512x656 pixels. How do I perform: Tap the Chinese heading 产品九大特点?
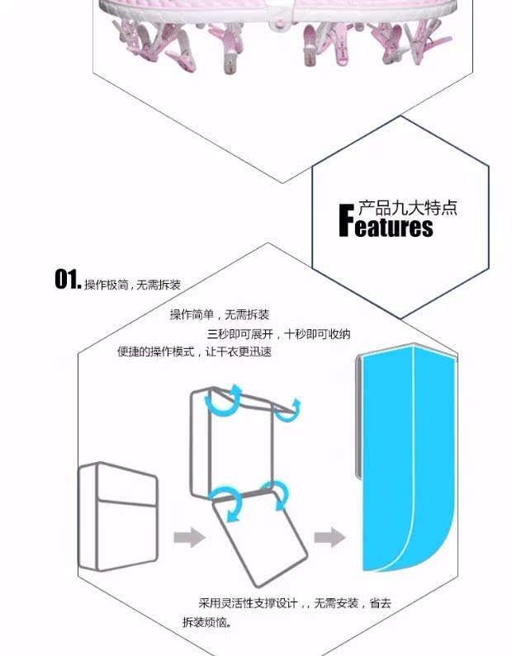tap(407, 206)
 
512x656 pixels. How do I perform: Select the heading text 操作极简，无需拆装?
tap(132, 285)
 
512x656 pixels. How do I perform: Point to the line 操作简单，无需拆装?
tap(219, 314)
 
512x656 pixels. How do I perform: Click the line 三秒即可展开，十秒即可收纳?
tap(278, 333)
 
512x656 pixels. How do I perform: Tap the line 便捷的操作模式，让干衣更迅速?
tap(194, 352)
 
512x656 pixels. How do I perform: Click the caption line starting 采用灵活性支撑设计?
tap(294, 603)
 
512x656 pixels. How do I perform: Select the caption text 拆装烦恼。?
tap(208, 621)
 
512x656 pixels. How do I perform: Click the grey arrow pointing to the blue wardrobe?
tap(329, 537)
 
